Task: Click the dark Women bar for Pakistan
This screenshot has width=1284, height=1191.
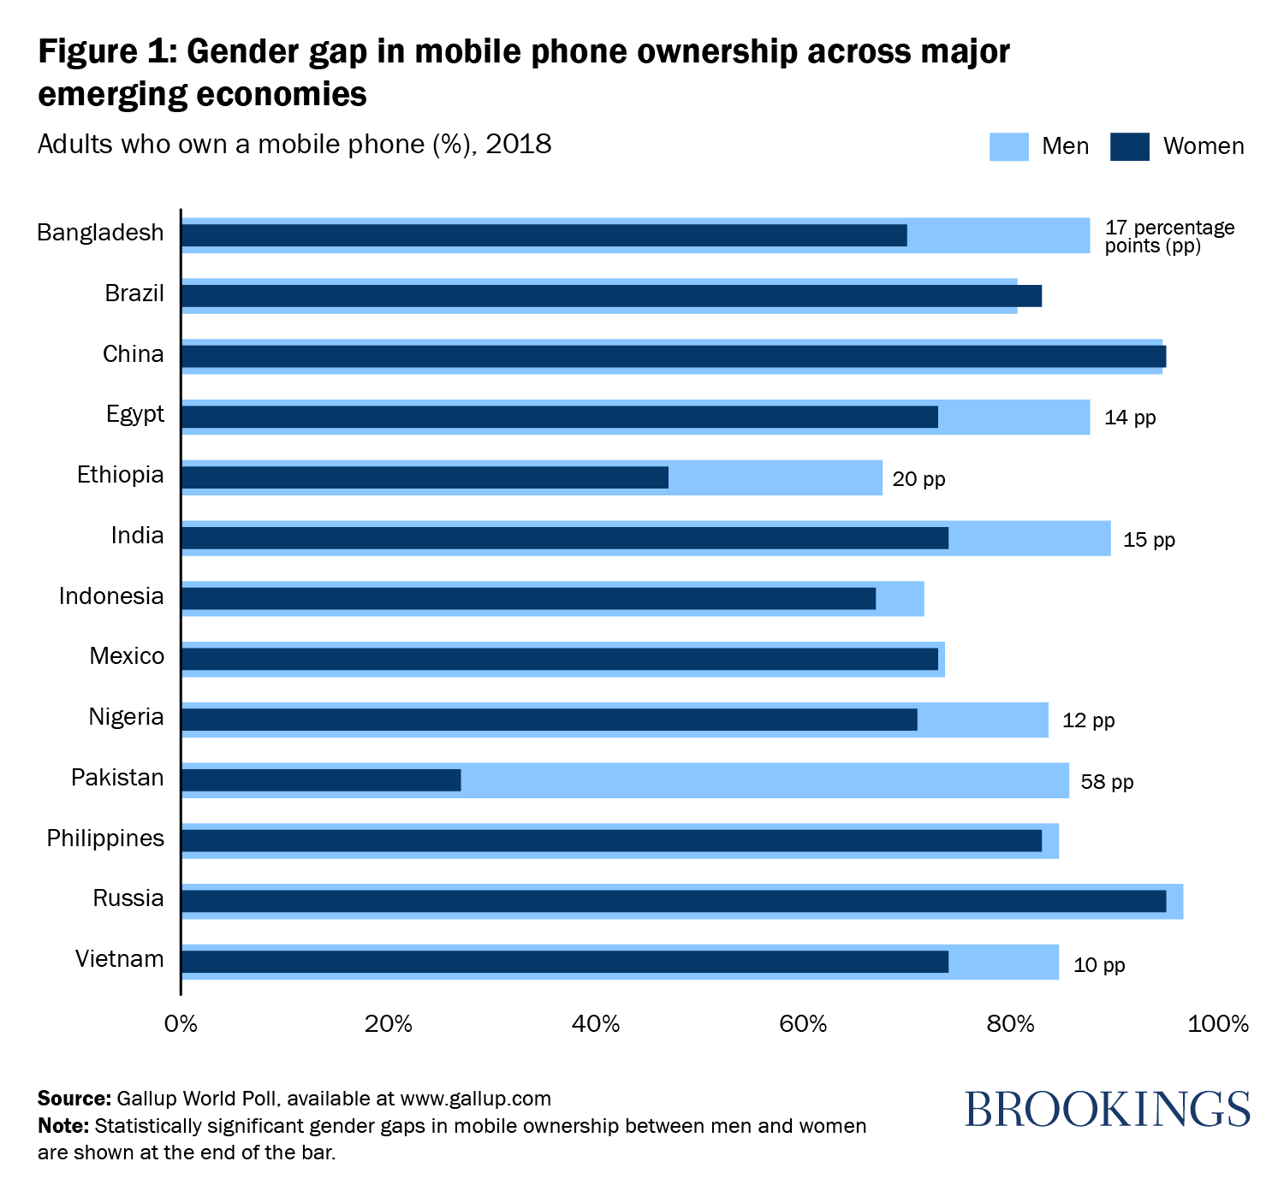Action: point(321,780)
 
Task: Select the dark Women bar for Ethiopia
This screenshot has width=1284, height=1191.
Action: point(425,477)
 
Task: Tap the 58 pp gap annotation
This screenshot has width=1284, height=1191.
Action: point(1107,782)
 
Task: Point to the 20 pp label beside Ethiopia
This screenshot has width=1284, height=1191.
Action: point(918,479)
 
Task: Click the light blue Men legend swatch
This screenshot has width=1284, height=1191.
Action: point(1008,146)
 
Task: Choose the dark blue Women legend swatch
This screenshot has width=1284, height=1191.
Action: point(1129,146)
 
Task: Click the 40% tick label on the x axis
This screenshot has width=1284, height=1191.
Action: point(596,1024)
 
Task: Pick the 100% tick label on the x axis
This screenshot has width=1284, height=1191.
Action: point(1219,1024)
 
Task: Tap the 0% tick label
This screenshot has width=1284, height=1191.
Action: point(181,1024)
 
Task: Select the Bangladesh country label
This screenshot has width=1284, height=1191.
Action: point(100,233)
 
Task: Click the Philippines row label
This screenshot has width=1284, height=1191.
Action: point(105,838)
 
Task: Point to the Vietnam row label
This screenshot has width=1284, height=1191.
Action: point(120,959)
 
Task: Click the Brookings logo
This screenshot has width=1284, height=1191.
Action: point(1107,1109)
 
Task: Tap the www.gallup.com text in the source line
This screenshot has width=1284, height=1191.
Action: point(475,1099)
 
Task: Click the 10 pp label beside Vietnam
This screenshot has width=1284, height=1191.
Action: point(1099,965)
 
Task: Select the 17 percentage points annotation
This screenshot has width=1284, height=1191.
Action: point(1169,236)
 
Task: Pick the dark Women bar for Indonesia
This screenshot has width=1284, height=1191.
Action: point(528,598)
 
